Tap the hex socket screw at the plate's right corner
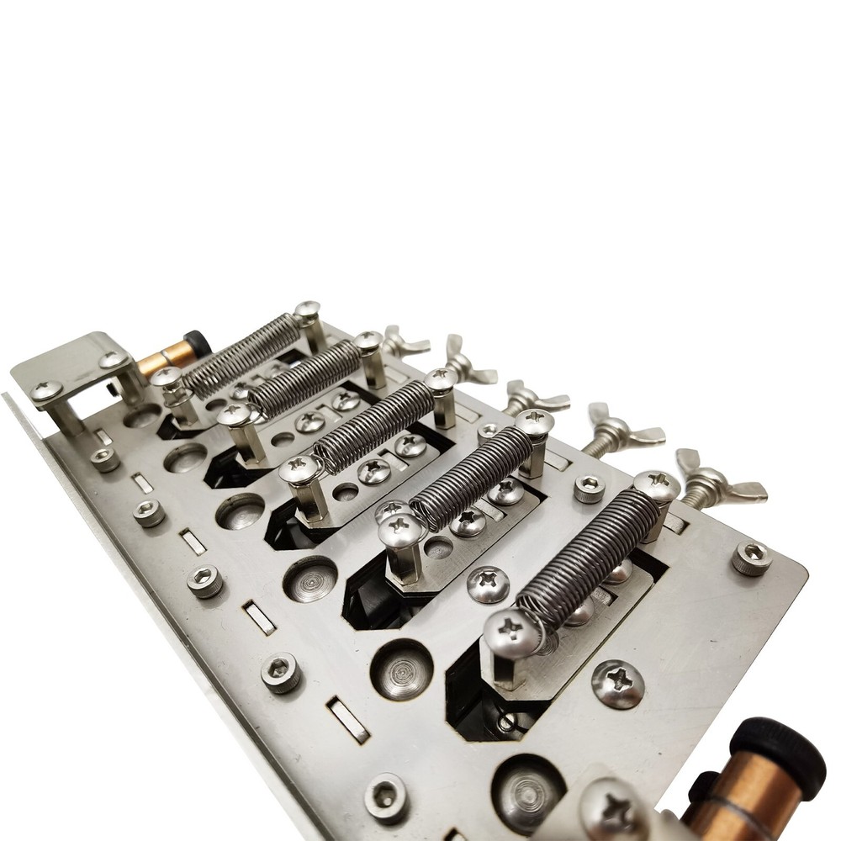(x=751, y=557)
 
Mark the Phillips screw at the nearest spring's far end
(x=657, y=485)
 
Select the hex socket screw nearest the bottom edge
(x=387, y=796)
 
